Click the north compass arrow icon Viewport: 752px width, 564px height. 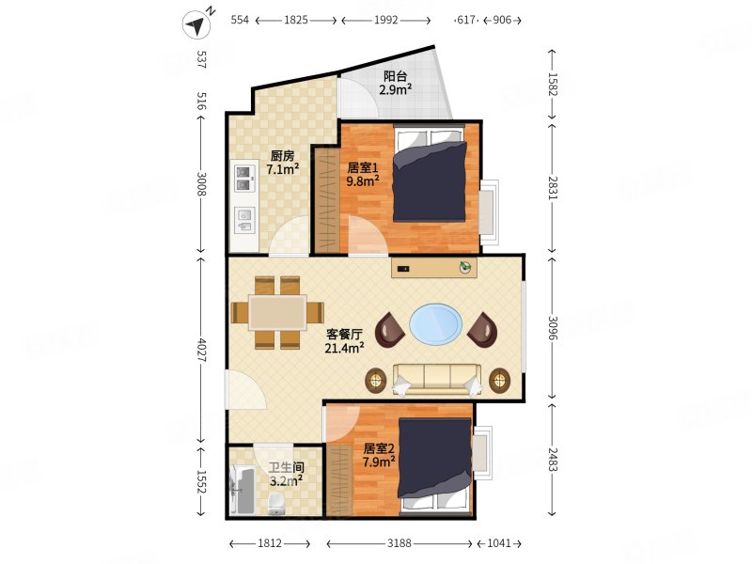click(197, 24)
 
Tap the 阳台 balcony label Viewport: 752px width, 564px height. click(396, 76)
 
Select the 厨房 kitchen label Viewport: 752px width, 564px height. click(283, 156)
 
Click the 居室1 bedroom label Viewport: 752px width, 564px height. click(363, 168)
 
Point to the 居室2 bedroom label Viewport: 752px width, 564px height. click(379, 448)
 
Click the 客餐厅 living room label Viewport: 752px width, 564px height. click(344, 335)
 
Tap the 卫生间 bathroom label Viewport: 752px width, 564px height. click(287, 467)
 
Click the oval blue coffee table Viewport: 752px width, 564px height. click(436, 323)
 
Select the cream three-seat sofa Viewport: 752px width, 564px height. click(437, 380)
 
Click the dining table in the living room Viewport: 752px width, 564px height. click(277, 313)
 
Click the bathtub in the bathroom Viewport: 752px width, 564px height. click(243, 490)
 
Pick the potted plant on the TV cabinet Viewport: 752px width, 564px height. click(465, 267)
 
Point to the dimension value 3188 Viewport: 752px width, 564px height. click(399, 543)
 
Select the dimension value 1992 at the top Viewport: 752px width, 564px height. click(386, 20)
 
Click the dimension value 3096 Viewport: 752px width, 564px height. click(552, 327)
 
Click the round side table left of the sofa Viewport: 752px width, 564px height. click(376, 381)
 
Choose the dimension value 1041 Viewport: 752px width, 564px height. click(499, 543)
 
